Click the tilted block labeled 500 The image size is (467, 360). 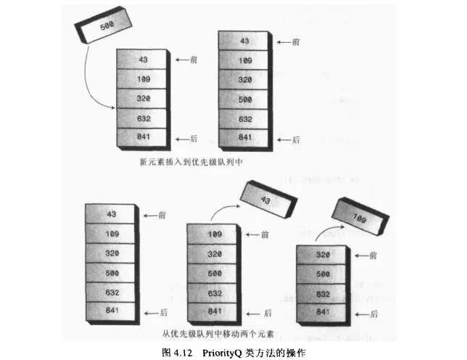tap(106, 26)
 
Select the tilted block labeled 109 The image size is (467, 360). tap(359, 216)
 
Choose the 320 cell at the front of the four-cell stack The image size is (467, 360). tap(324, 255)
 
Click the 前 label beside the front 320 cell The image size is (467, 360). tap(373, 255)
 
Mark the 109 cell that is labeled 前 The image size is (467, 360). tap(214, 234)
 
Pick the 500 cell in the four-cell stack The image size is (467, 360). tap(324, 275)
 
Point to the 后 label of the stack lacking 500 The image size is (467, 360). tap(191, 136)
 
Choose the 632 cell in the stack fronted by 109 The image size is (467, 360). tap(214, 293)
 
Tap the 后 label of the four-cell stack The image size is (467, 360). tap(373, 314)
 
